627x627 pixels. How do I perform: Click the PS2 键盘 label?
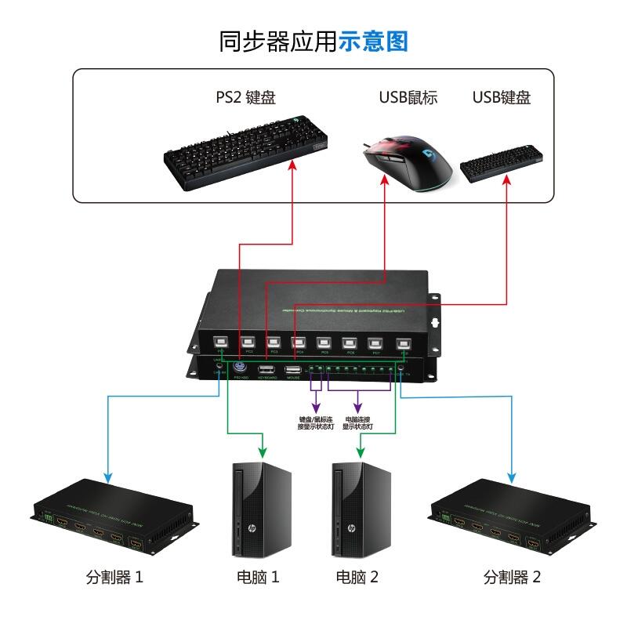[x=245, y=98]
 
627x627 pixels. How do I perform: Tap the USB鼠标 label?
[x=408, y=98]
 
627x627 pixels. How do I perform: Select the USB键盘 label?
[x=502, y=98]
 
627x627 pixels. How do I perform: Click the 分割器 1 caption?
[x=114, y=578]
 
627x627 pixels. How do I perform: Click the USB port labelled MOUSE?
[x=293, y=371]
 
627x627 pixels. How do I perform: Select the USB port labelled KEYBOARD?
[x=266, y=371]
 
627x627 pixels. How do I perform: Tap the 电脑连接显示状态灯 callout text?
[x=357, y=423]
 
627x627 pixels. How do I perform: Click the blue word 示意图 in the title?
[x=374, y=41]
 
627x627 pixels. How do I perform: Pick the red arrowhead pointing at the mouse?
[x=386, y=179]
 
